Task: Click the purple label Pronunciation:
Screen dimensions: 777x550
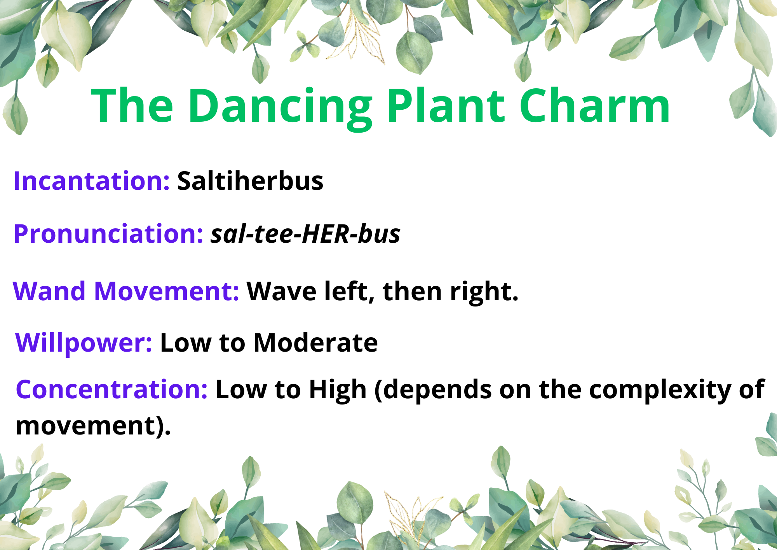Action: (108, 234)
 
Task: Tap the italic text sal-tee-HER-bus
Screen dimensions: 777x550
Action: (305, 234)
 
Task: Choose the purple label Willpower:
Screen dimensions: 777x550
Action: (84, 343)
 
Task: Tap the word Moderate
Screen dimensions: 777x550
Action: (315, 343)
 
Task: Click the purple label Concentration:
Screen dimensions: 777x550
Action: (112, 389)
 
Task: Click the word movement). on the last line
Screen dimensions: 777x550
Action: (93, 426)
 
